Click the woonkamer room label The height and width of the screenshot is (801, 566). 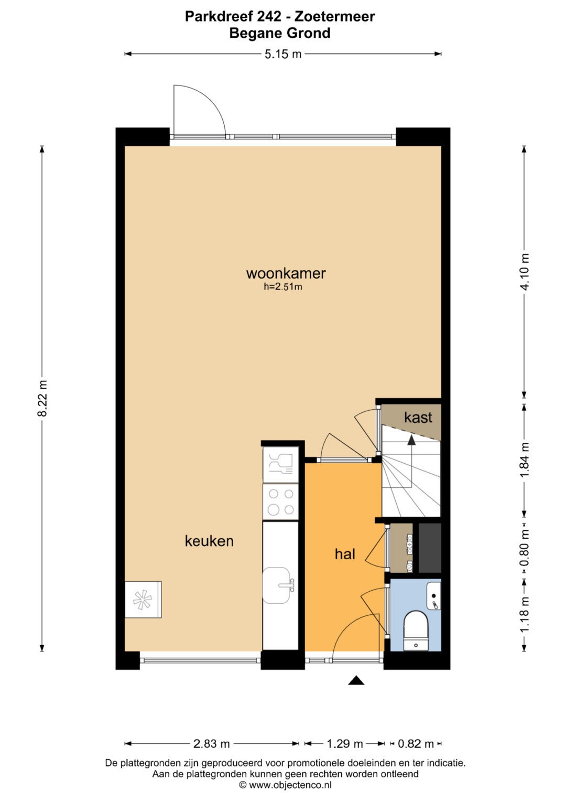click(x=286, y=273)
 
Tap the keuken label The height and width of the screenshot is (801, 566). click(x=209, y=541)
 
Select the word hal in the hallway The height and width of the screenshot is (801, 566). click(x=345, y=554)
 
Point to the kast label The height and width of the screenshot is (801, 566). click(x=418, y=418)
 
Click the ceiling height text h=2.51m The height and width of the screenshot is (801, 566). click(x=283, y=287)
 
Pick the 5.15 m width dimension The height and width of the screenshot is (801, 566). click(x=283, y=54)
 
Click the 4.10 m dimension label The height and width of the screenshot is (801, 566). click(x=525, y=272)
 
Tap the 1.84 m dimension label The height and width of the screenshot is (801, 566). click(x=525, y=460)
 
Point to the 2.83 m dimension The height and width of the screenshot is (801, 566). click(x=212, y=744)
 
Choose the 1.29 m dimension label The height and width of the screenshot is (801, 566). click(x=345, y=744)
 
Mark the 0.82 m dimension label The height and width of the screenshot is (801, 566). click(x=416, y=744)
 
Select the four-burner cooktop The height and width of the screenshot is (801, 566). click(x=280, y=501)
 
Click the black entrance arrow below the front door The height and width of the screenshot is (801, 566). click(x=356, y=680)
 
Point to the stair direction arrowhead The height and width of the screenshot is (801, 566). click(x=411, y=440)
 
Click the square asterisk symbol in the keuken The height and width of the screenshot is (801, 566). click(x=143, y=600)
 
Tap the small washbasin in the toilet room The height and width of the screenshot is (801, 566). click(x=434, y=596)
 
